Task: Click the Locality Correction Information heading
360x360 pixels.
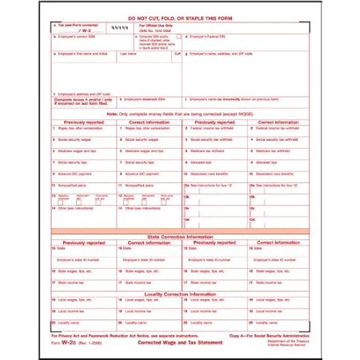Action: click(181, 294)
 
